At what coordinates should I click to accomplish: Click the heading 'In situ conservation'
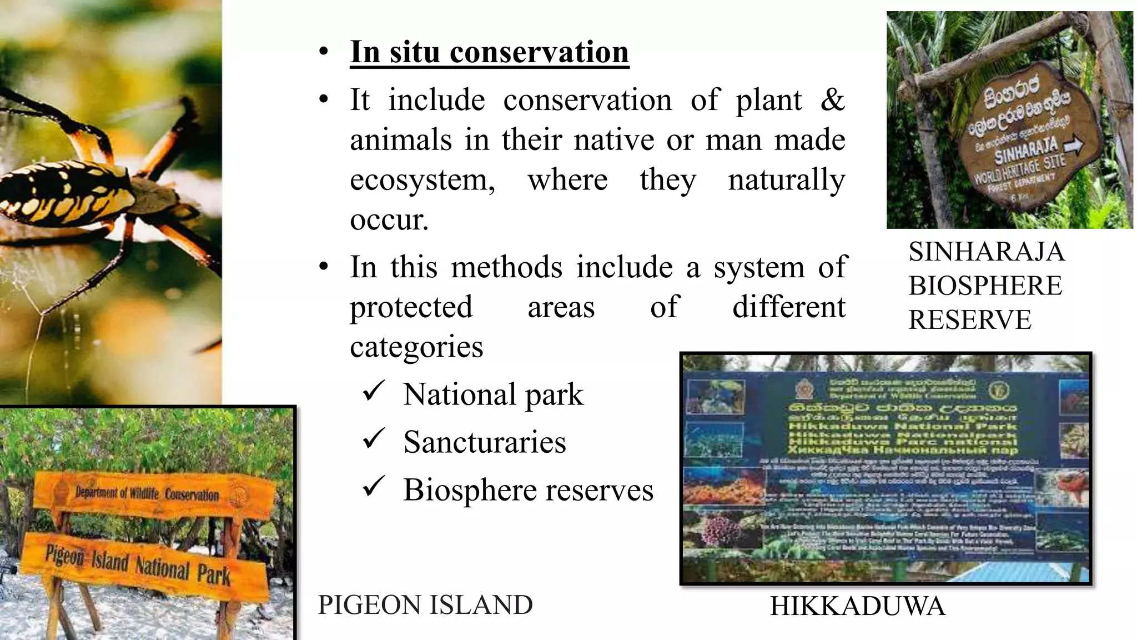[x=489, y=52]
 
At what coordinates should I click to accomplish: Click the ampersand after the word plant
[x=831, y=101]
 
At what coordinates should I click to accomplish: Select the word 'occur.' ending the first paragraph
[x=389, y=220]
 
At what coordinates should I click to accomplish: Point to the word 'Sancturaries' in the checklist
[x=484, y=442]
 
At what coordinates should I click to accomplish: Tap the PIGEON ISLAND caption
[x=425, y=605]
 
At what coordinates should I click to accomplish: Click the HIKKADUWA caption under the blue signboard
[x=857, y=606]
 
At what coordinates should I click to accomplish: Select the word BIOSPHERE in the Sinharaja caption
[x=985, y=286]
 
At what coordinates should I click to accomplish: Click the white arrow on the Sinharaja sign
[x=1073, y=146]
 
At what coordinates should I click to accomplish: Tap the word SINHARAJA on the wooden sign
[x=1025, y=151]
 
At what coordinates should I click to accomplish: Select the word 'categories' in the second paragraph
[x=416, y=347]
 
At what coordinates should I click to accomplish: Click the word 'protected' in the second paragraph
[x=411, y=307]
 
